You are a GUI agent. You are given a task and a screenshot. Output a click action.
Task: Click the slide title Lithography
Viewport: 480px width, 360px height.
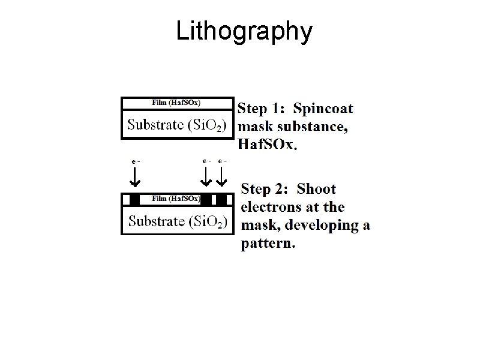[244, 32]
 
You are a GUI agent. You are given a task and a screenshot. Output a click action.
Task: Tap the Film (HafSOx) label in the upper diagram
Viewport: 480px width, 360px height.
[176, 103]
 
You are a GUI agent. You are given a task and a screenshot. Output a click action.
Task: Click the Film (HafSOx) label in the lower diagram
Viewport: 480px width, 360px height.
[176, 199]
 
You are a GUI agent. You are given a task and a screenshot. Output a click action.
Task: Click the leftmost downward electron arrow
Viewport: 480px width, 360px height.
[135, 176]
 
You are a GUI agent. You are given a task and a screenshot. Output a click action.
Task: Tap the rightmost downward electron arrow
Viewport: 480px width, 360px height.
[223, 176]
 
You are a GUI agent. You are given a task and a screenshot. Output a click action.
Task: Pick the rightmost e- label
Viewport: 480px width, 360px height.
[223, 161]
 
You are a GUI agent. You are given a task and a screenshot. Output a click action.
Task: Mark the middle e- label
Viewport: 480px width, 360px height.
[206, 161]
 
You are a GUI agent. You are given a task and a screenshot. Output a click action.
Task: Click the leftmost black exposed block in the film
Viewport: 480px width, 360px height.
[135, 199]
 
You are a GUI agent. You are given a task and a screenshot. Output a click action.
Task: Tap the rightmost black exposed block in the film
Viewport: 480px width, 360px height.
[222, 199]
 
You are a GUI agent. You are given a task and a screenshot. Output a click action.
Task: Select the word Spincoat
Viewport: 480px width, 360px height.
[323, 109]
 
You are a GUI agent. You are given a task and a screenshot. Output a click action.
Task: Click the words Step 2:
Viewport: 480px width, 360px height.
[265, 190]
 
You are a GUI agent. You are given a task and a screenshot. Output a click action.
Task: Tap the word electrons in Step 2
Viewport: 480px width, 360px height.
[270, 208]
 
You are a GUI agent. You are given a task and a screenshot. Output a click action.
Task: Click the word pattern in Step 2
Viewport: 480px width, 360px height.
[267, 244]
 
